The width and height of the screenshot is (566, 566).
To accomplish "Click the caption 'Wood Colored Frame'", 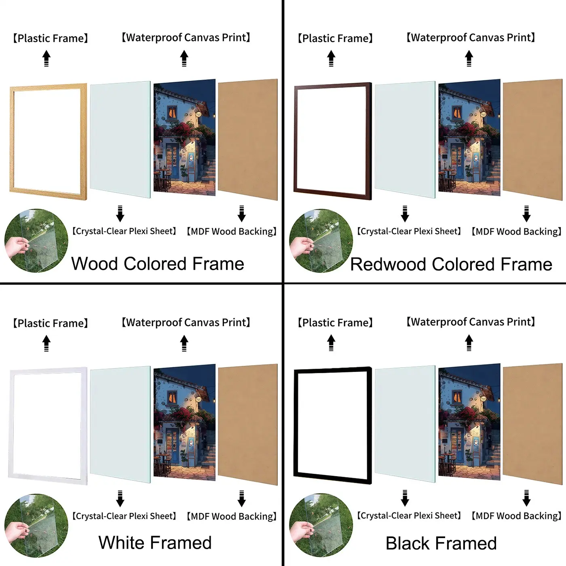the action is pos(158,264).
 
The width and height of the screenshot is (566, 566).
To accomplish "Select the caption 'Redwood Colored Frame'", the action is pos(451,264).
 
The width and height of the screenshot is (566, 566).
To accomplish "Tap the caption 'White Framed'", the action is pos(155,543).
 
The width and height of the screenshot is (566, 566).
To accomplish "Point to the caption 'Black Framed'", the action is pos(441,543).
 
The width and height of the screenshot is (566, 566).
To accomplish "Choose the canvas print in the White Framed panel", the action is pos(184,422).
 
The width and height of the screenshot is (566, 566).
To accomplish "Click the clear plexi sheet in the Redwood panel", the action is pos(405,139).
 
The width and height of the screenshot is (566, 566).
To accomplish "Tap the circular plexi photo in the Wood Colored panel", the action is pos(36,241).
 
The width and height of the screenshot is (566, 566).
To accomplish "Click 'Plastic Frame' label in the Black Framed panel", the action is pos(335,323).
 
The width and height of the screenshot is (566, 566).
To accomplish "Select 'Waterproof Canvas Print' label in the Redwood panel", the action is pos(471,38).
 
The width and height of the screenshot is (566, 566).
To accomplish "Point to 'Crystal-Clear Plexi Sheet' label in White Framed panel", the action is pos(124,516).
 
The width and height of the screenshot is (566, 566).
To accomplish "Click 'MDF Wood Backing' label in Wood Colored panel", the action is pos(232,231).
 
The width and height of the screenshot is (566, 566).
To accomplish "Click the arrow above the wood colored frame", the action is pos(46,59).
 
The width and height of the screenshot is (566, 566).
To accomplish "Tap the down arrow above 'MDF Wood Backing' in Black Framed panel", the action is pos(526,498).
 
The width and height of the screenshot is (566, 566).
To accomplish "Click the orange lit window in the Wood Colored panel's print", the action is pos(172,112).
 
